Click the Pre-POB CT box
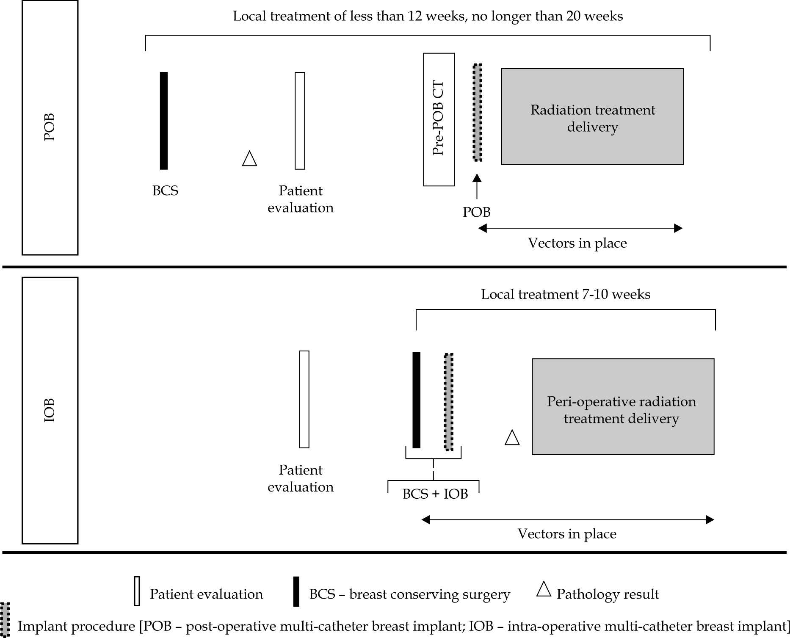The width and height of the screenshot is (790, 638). point(439,119)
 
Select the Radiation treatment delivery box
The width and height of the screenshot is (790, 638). point(592,116)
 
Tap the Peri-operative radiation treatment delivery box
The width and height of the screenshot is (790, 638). point(623,406)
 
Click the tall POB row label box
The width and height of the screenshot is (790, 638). point(50,127)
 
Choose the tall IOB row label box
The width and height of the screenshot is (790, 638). point(50,410)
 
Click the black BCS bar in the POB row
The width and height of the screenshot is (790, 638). point(164,121)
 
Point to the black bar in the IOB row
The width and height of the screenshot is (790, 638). point(417,400)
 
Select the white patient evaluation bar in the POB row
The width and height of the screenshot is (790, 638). point(300,121)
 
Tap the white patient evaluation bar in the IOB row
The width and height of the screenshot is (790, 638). point(304,399)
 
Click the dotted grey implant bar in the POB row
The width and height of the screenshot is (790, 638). point(477,113)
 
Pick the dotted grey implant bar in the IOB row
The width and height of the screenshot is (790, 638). point(449,402)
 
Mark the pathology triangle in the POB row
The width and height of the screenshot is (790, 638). point(249,159)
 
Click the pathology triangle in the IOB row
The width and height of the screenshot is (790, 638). point(512,437)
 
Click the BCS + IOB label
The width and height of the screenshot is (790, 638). point(435,494)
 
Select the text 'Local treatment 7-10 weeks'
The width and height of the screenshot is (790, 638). point(566,294)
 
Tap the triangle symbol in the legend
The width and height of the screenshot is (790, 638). point(544,589)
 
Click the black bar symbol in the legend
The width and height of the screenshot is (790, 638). point(296,591)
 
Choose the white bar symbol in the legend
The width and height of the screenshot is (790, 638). point(137,591)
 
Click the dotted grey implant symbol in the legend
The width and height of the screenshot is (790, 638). point(6,619)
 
